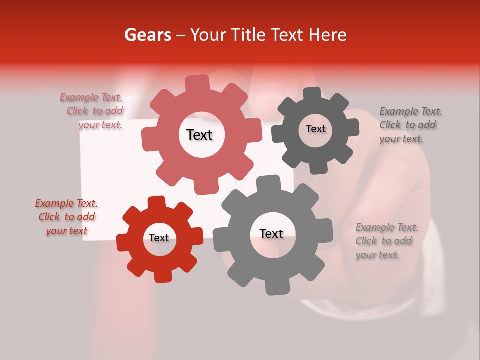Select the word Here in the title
(x=327, y=35)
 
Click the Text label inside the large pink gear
(x=199, y=135)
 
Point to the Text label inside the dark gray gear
(x=315, y=129)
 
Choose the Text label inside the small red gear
(x=159, y=238)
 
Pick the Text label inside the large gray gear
(x=271, y=233)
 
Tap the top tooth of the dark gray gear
(x=313, y=94)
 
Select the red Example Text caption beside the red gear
(x=67, y=217)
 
